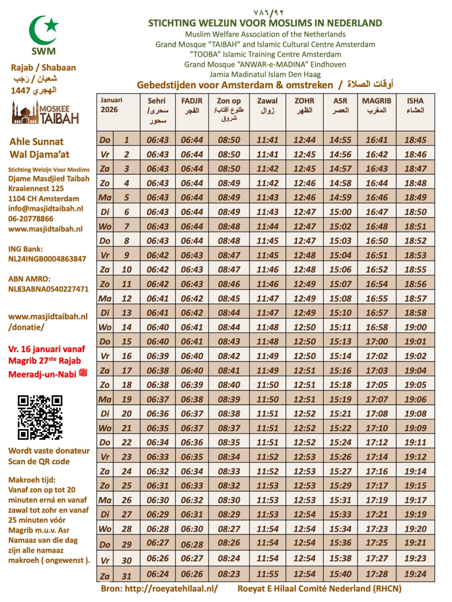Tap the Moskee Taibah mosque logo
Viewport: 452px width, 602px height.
(45, 113)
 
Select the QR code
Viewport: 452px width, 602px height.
(40, 417)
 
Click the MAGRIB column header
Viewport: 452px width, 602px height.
(377, 105)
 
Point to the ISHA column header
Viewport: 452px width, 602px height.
(415, 105)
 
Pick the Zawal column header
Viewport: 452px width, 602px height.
(267, 105)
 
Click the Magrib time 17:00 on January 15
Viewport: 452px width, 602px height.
(377, 342)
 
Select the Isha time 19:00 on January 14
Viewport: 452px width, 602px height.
(415, 327)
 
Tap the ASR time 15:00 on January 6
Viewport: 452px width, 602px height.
(340, 212)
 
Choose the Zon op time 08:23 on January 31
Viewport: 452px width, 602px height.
(229, 574)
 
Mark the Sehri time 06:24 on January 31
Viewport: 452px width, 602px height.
(158, 574)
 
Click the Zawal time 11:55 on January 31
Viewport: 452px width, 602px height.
(267, 574)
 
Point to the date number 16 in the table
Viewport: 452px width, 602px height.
(127, 356)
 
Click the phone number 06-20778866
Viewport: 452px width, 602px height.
(31, 219)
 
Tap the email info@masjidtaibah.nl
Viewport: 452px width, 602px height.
(46, 209)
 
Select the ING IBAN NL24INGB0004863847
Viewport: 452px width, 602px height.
(47, 259)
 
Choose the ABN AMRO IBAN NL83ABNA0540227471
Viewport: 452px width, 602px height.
(48, 289)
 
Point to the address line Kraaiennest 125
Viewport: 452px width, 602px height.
(36, 188)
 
